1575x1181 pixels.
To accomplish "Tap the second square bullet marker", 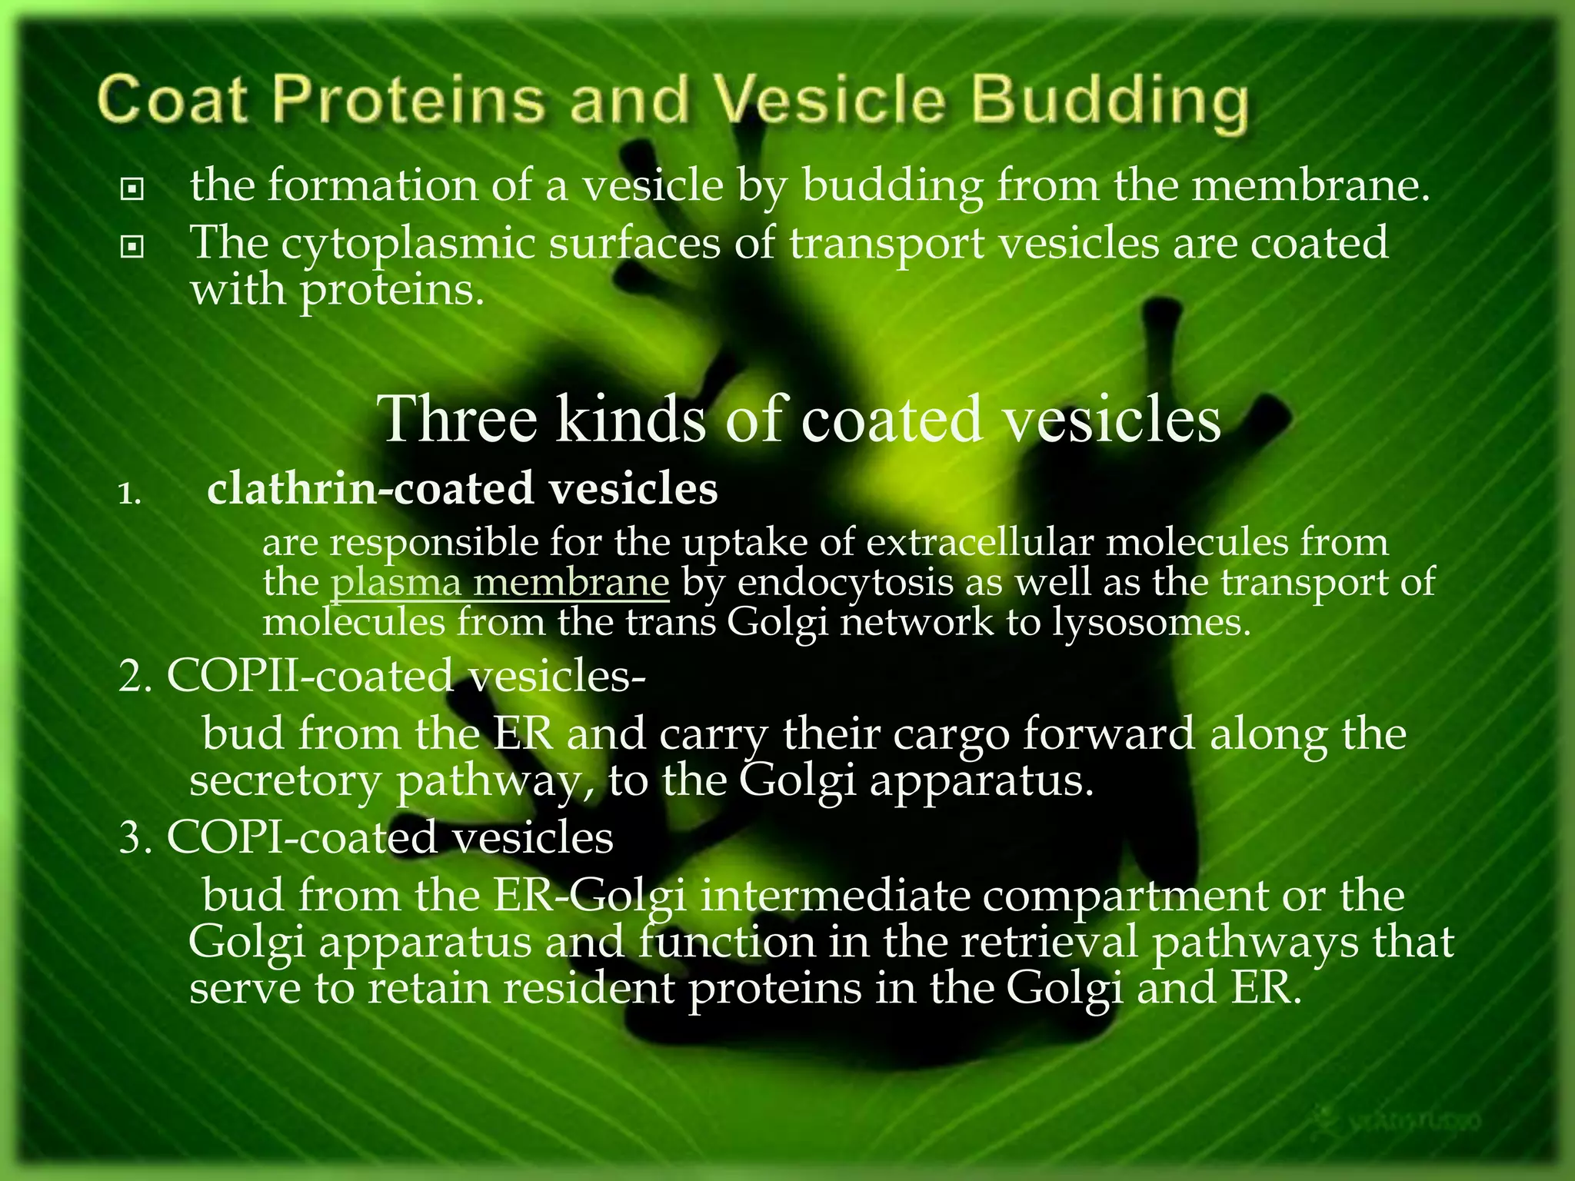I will point(132,246).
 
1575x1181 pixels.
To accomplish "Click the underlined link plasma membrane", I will point(500,582).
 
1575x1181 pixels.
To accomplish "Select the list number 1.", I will point(129,494).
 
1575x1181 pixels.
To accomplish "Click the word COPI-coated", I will point(299,837).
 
